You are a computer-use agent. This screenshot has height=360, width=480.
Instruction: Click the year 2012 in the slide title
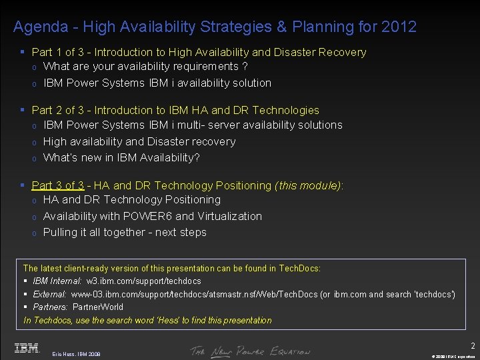[x=399, y=27]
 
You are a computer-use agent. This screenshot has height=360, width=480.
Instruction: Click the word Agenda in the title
[x=41, y=27]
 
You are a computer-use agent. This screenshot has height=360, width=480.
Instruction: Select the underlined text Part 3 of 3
[x=58, y=185]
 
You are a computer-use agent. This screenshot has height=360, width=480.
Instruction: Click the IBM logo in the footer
[x=26, y=348]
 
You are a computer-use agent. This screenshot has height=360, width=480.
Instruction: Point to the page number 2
[x=473, y=345]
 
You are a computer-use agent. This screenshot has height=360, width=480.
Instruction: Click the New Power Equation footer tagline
[x=250, y=351]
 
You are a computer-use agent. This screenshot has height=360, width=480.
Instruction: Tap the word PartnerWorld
[x=98, y=307]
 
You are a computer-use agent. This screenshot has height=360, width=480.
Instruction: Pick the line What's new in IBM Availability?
[x=121, y=158]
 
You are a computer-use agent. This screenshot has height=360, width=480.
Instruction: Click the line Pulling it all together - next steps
[x=125, y=233]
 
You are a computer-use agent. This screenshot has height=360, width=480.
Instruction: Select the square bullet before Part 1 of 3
[x=23, y=52]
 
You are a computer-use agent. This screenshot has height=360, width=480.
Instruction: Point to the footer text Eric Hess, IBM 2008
[x=76, y=353]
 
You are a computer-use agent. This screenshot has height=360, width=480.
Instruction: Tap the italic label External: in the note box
[x=49, y=294]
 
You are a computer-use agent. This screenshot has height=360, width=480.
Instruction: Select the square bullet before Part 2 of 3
[x=23, y=110]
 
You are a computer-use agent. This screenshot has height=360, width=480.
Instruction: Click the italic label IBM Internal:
[x=57, y=281]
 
